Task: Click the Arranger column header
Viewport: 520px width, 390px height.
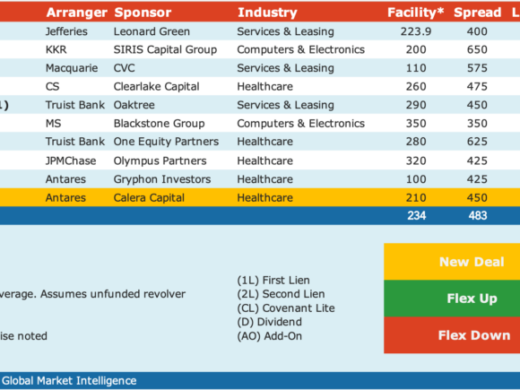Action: [x=76, y=13]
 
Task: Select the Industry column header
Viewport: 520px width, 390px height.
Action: [x=267, y=13]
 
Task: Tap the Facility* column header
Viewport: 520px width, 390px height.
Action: [x=415, y=13]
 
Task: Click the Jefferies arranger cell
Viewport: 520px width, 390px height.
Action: [x=66, y=31]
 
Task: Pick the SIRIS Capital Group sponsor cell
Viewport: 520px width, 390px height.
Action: [x=165, y=49]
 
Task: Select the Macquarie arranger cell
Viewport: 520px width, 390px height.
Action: [x=72, y=68]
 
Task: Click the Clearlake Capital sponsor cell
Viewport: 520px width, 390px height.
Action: [x=157, y=87]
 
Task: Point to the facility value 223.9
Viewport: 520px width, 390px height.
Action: [x=416, y=31]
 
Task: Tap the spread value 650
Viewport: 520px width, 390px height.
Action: [x=477, y=49]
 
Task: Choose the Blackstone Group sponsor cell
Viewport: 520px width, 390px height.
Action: [x=160, y=124]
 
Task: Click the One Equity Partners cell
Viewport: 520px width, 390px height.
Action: [x=166, y=142]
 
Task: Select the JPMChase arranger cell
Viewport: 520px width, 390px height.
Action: [x=71, y=160]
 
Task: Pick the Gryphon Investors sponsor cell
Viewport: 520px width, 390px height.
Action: [x=162, y=179]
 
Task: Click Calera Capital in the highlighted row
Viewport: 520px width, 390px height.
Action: [x=149, y=197]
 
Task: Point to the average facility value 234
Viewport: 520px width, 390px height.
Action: [x=417, y=215]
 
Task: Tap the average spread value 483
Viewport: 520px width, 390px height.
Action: [x=478, y=215]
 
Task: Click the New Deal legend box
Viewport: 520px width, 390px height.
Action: [x=452, y=262]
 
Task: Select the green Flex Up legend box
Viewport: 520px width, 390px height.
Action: [x=452, y=299]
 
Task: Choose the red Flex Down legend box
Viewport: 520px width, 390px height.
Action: [x=452, y=335]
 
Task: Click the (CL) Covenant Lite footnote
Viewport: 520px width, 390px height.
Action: [x=286, y=308]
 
